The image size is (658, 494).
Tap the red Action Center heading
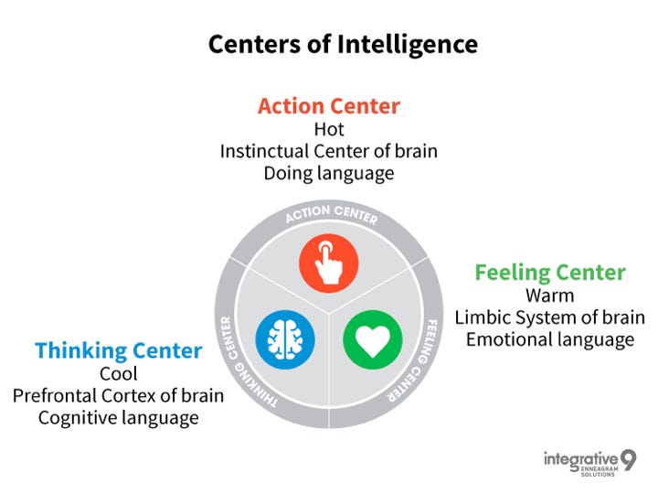329,106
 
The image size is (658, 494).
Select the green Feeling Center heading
550,273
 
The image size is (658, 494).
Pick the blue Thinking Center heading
118,350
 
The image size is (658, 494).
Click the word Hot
329,129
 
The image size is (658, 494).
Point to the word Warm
550,295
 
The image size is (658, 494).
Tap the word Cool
119,373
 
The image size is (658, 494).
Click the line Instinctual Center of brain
329,151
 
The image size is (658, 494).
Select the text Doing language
329,173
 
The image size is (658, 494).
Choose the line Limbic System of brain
550,317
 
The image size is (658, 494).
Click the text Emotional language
550,339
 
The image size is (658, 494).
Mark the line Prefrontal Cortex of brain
119,396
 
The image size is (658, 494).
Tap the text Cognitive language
119,418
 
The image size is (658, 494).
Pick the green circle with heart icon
373,339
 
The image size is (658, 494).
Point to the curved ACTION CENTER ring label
330,216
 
